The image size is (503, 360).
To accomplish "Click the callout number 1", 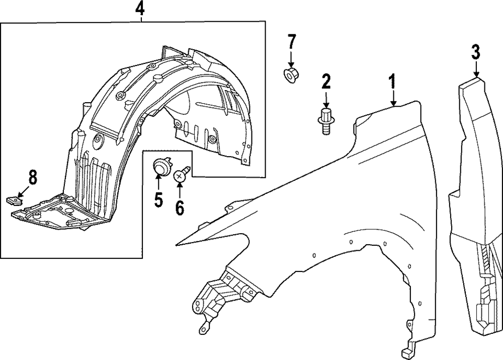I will point(391,82).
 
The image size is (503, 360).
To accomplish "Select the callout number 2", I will point(326,81).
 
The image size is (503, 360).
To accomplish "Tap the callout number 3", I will point(475,52).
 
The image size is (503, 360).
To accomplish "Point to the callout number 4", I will point(140,9).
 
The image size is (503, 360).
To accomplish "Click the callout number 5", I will point(158,200).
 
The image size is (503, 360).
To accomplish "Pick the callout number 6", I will point(180,207).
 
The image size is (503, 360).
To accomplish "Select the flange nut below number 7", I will point(290,75).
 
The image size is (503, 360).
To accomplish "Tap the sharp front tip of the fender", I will point(179,243).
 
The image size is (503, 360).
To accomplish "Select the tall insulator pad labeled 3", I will point(475,201).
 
